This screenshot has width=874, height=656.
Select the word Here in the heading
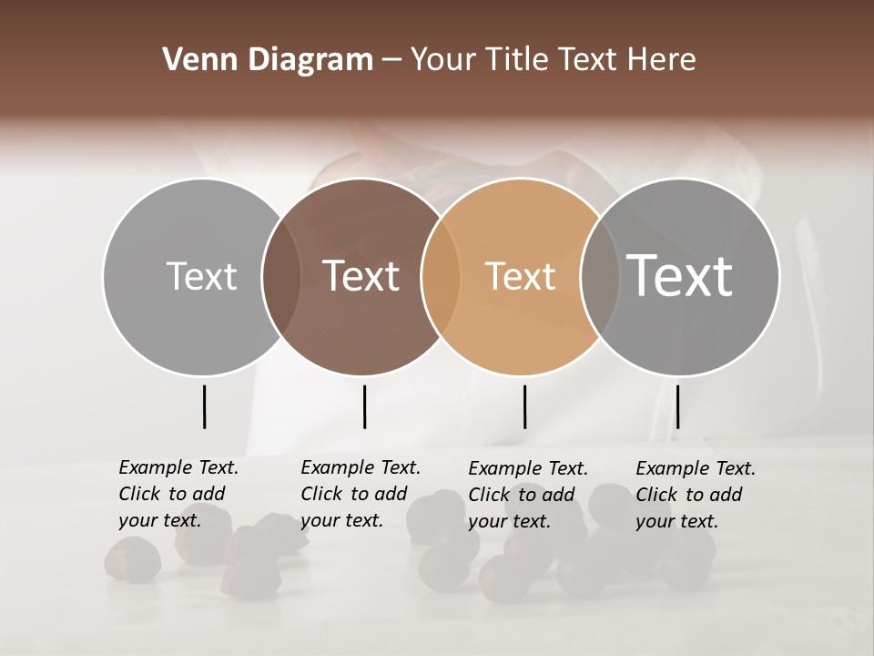(x=661, y=60)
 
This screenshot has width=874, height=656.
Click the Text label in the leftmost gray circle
(x=201, y=276)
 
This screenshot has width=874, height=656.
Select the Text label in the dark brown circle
(x=361, y=276)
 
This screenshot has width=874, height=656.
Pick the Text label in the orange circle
(x=520, y=276)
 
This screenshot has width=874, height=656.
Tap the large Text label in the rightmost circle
(x=680, y=276)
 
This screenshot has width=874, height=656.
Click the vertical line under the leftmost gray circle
(x=205, y=406)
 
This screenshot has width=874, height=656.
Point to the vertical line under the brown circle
(x=364, y=406)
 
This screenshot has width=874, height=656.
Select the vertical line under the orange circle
(x=524, y=406)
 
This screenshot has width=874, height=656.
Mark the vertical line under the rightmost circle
(x=677, y=406)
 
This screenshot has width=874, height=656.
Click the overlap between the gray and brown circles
(x=281, y=276)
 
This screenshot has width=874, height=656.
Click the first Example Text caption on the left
(x=178, y=494)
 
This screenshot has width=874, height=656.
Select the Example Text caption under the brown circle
(x=361, y=494)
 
